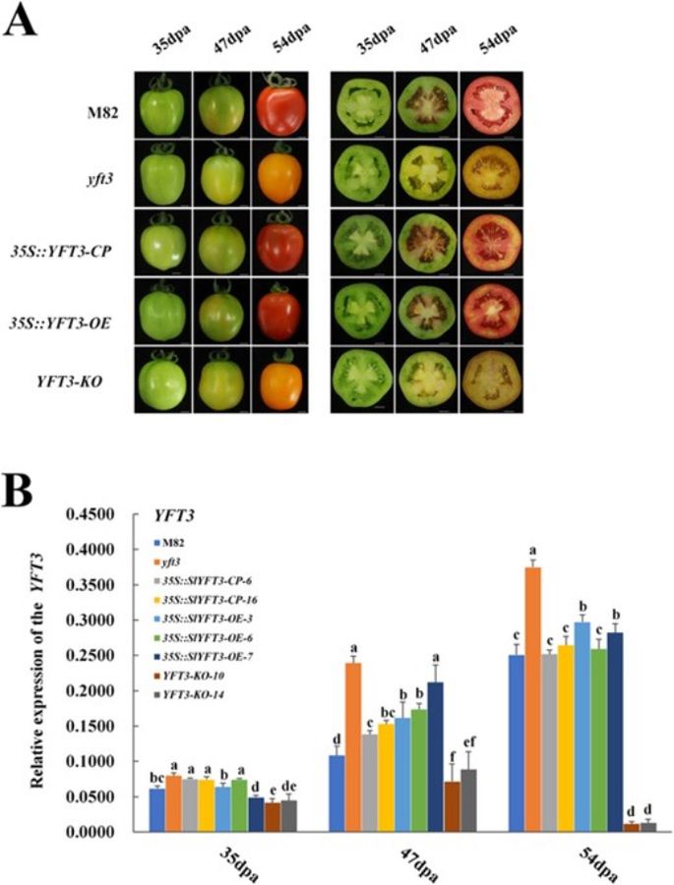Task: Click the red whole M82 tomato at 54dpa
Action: tap(285, 105)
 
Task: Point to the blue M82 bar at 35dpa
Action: tap(155, 810)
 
